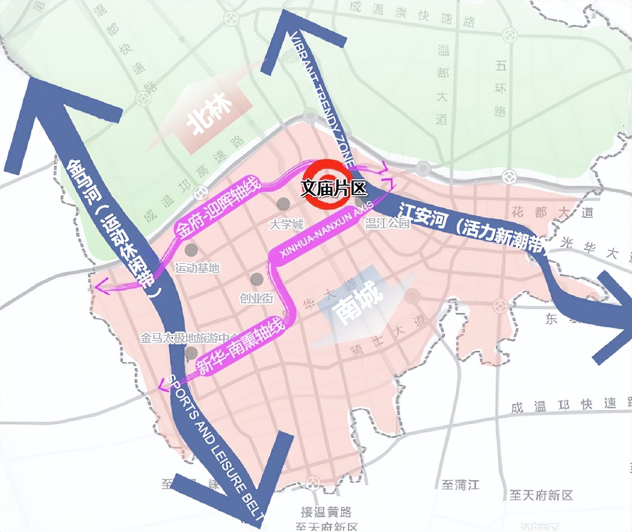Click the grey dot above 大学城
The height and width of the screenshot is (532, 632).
283,203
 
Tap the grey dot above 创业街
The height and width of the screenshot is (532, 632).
256,280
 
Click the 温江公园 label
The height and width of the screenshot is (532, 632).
387,224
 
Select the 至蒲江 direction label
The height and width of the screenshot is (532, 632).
460,485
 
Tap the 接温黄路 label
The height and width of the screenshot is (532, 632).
326,512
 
